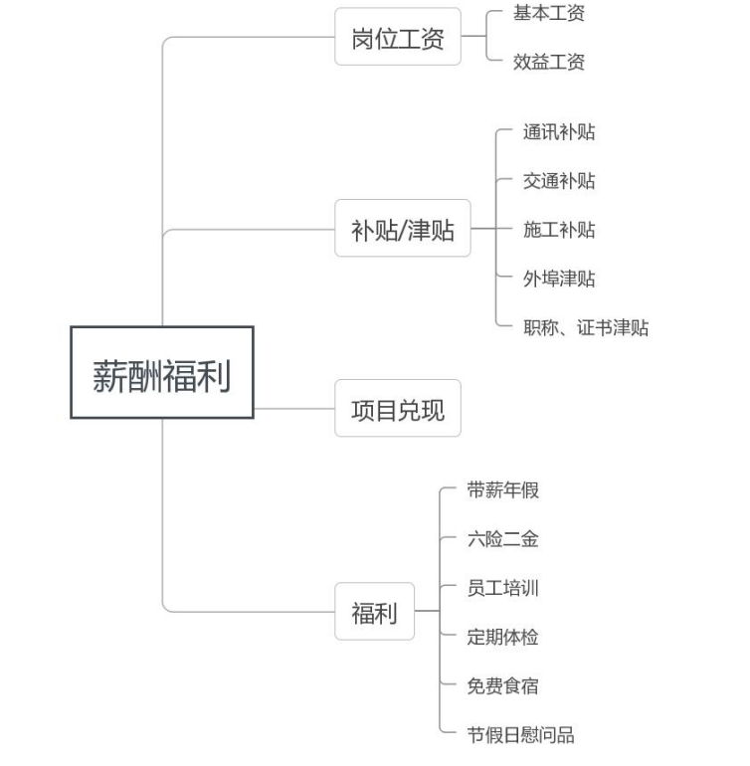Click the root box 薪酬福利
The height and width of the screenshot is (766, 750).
coord(162,372)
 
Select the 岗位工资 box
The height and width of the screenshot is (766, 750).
coord(398,37)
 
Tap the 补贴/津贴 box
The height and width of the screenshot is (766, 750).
coord(403,228)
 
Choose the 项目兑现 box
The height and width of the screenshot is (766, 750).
coord(398,408)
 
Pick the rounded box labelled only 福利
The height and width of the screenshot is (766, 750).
coord(374,611)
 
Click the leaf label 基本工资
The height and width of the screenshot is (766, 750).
coord(549,13)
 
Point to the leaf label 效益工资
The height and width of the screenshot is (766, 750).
coord(549,62)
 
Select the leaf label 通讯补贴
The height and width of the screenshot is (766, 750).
coord(559,132)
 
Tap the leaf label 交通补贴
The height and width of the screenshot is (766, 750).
coord(559,181)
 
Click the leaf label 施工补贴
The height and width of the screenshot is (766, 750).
coord(559,230)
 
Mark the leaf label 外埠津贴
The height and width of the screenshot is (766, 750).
coord(559,279)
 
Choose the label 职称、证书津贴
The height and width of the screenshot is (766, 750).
coord(586,327)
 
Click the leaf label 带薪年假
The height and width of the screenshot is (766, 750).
coord(502,490)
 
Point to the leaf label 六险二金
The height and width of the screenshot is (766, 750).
coord(502,539)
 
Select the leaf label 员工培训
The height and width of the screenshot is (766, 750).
coord(502,588)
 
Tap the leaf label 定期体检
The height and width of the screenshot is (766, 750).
coord(502,637)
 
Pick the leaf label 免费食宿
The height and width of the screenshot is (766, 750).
coord(502,685)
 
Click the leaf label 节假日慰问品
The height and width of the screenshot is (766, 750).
coord(520,735)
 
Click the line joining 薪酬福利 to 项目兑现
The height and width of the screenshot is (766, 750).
coord(294,409)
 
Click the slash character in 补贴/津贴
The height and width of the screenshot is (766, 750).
coord(403,231)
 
